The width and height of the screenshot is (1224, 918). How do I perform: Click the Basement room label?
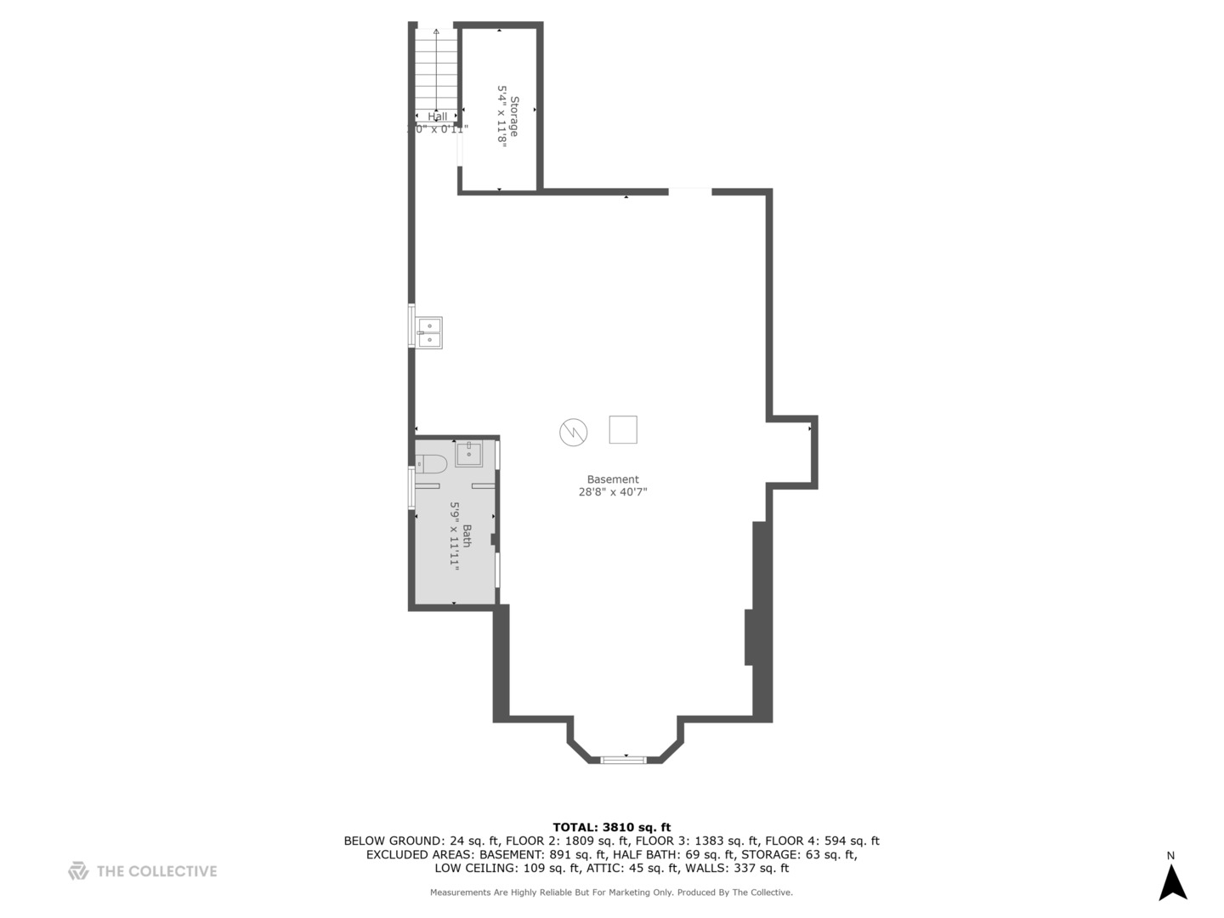tap(612, 479)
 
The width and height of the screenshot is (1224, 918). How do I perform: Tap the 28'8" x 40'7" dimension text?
tap(612, 492)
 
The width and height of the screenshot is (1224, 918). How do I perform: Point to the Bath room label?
tap(467, 535)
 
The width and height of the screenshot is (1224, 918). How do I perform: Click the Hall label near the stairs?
tap(437, 117)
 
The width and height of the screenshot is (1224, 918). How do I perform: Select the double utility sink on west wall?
tap(429, 332)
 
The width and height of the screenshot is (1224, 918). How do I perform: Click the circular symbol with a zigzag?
tap(573, 432)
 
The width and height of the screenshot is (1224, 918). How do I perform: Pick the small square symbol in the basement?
tap(623, 429)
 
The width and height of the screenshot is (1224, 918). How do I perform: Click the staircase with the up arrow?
tap(436, 72)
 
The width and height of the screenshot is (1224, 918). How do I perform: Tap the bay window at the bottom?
tap(624, 759)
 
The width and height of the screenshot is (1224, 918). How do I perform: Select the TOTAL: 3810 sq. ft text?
tap(611, 827)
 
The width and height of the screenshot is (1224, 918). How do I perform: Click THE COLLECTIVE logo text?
tap(156, 871)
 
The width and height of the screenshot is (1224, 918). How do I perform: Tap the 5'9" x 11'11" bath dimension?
tap(455, 535)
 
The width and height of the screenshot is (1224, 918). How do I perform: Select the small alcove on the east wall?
tap(792, 452)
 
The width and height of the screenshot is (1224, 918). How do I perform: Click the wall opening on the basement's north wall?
tap(689, 192)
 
